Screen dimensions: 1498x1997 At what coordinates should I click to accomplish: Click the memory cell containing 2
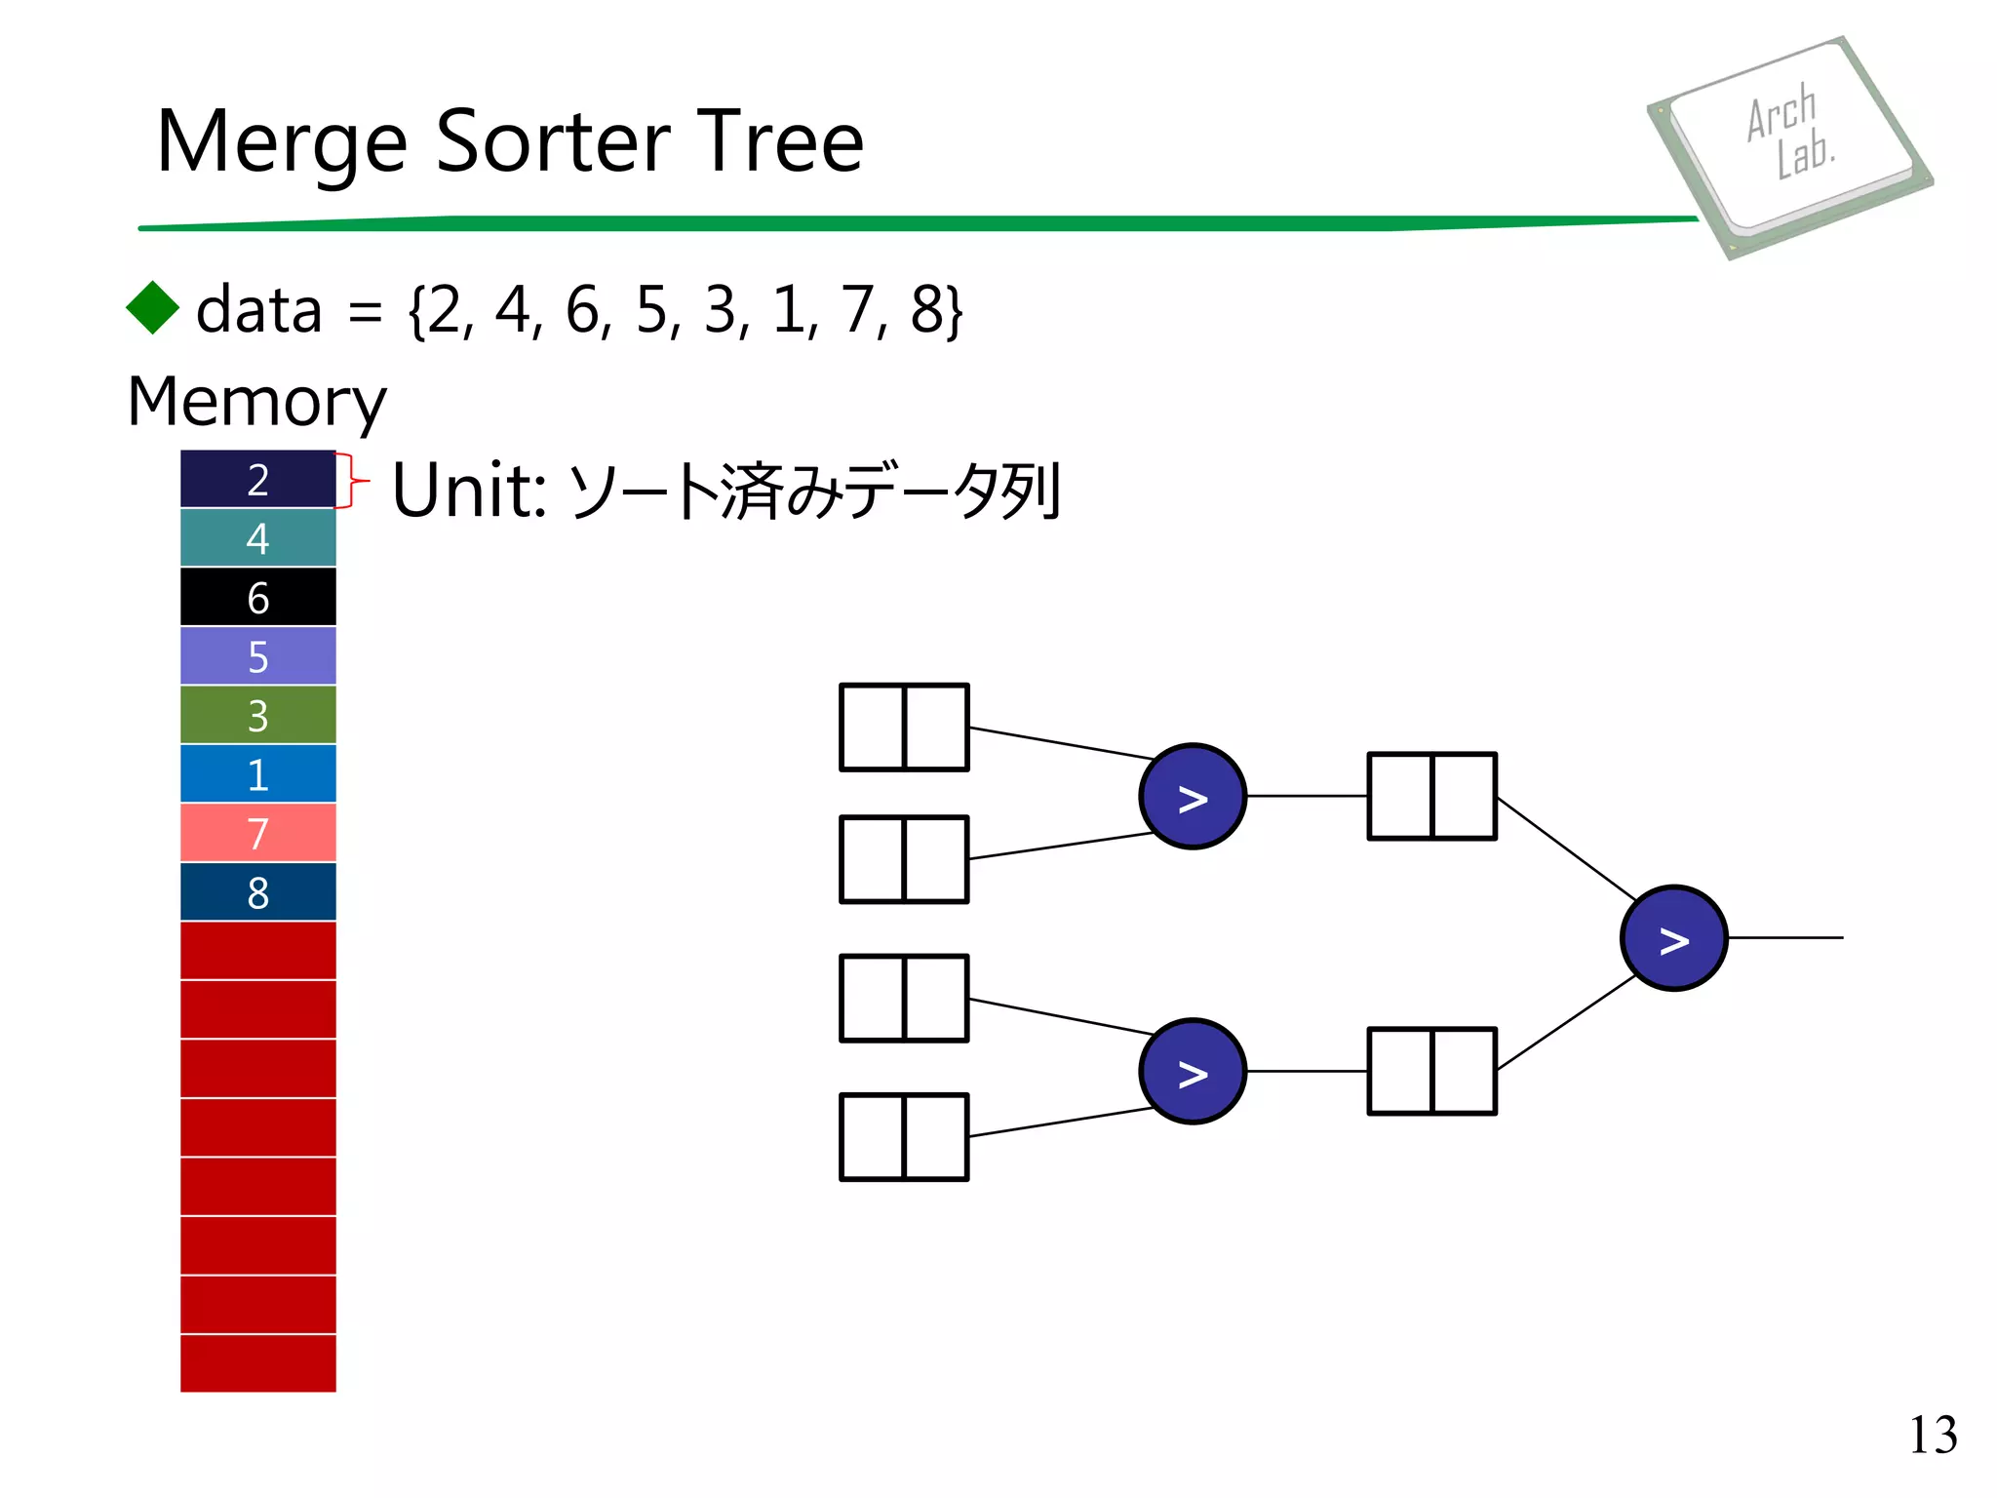click(x=257, y=479)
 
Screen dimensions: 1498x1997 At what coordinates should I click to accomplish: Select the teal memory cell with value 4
click(x=257, y=538)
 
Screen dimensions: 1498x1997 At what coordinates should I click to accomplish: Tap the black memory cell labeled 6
click(x=257, y=597)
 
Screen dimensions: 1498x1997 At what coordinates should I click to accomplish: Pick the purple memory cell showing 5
click(x=257, y=656)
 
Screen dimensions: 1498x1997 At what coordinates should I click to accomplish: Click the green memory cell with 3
click(x=257, y=715)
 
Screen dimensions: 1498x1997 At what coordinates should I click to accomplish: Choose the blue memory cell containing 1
click(x=257, y=774)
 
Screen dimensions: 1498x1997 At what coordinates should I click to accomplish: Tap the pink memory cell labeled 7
click(x=257, y=833)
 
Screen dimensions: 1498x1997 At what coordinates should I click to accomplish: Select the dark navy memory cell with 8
click(x=257, y=892)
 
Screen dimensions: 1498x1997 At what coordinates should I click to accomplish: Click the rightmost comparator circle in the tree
click(x=1673, y=938)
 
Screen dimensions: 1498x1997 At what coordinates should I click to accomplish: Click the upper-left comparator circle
click(x=1193, y=797)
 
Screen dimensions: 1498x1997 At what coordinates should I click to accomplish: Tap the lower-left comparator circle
click(x=1193, y=1072)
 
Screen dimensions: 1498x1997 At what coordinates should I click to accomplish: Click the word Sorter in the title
click(x=553, y=142)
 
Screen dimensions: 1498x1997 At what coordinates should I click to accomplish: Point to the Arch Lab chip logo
click(x=1789, y=146)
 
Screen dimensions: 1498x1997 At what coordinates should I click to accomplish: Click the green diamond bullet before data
click(x=153, y=308)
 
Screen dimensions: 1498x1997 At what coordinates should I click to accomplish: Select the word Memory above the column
click(x=256, y=402)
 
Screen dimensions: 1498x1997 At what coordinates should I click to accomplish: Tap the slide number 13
click(x=1932, y=1436)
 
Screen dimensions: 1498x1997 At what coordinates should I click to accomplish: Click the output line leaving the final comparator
click(x=1784, y=938)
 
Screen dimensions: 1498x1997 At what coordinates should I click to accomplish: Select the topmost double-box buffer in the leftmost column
click(x=904, y=728)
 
